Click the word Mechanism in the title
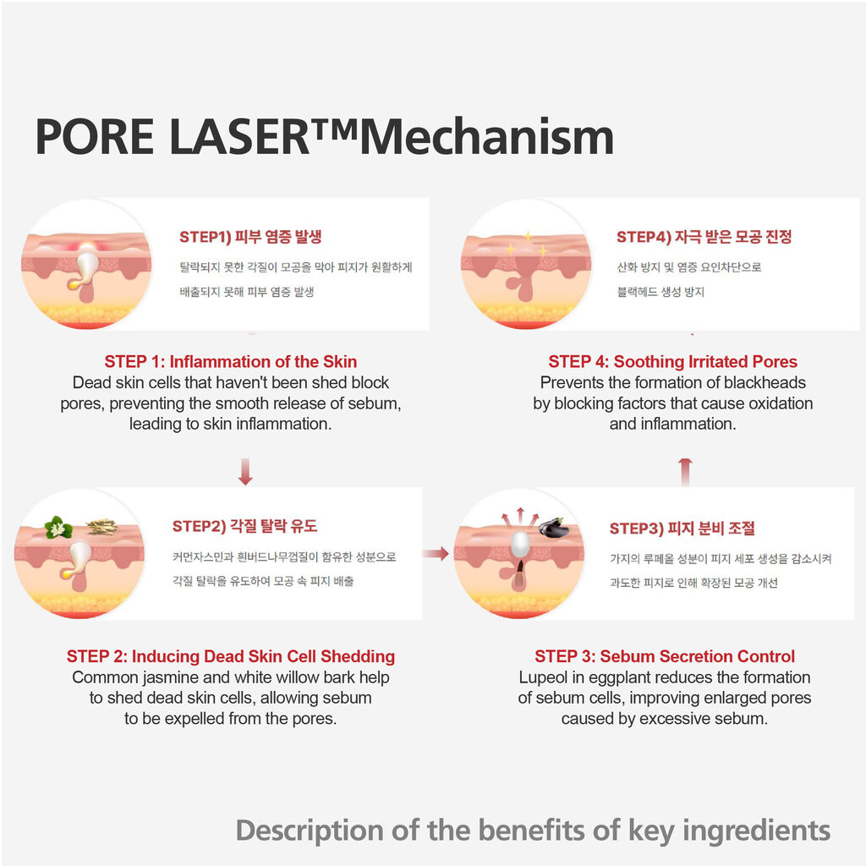coord(487,136)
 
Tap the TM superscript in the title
coord(335,129)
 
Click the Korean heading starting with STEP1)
coord(250,237)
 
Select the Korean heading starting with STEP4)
coord(704,237)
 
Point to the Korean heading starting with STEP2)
coord(244,526)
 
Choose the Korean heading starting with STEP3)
coord(682,529)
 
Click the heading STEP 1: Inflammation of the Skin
coord(231,362)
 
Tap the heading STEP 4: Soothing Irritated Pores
coord(672,362)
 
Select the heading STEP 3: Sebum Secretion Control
coord(665,656)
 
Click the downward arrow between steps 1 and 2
coord(246,471)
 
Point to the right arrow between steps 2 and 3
coord(436,553)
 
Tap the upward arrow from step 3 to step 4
coord(685,472)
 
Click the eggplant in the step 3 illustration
coord(554,528)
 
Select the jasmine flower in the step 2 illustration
coord(58,528)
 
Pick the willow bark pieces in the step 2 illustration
coord(102,527)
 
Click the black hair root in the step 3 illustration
coord(520,570)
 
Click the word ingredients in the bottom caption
coord(757,830)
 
